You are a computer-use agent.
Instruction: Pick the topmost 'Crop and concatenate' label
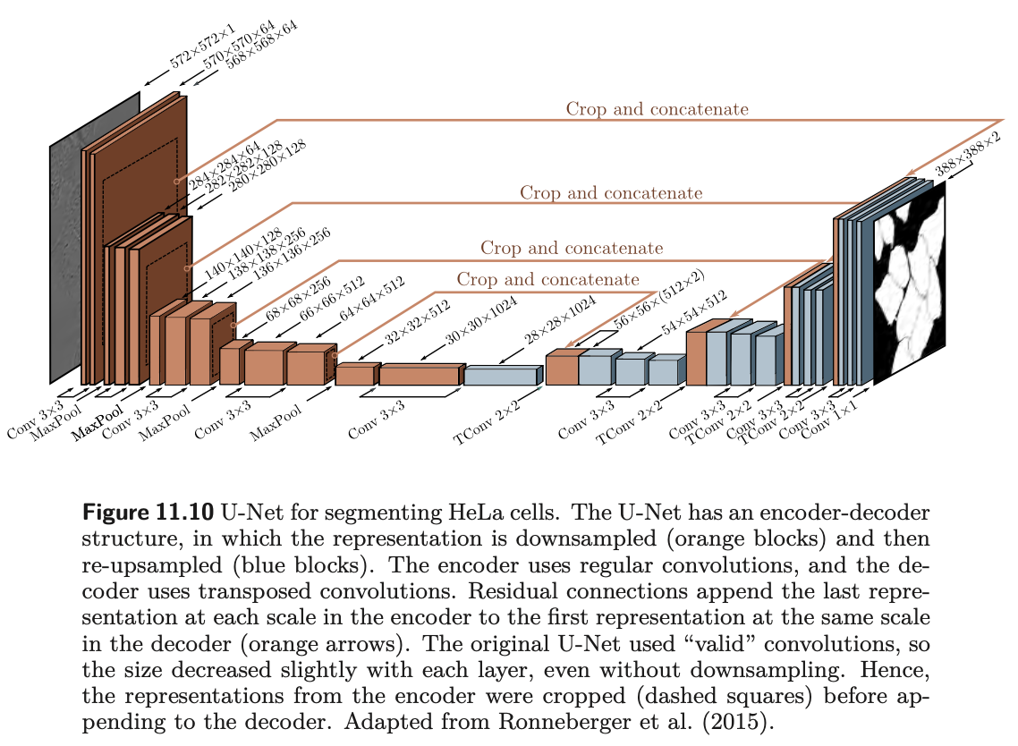coord(657,109)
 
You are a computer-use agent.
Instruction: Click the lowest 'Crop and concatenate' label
coord(547,279)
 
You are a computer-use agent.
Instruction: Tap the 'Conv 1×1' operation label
coord(829,422)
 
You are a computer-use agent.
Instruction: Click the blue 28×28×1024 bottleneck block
coord(502,376)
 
